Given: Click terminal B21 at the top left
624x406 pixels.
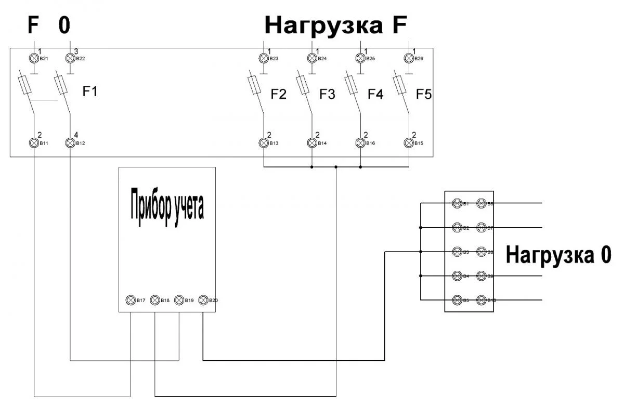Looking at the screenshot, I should [x=34, y=58].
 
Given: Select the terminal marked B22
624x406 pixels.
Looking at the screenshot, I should [x=70, y=58].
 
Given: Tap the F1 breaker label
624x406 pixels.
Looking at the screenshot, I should [x=90, y=92].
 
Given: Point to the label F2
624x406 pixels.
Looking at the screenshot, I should [x=279, y=95].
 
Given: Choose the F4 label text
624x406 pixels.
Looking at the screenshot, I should [x=375, y=95].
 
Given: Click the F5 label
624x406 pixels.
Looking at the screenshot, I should [x=424, y=95].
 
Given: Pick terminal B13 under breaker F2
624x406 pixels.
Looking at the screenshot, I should [x=264, y=142].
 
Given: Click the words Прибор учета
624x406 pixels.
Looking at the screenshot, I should [x=166, y=206].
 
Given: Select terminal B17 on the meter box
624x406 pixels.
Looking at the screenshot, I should [x=131, y=300].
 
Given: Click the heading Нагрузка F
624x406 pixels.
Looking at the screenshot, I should [x=335, y=24].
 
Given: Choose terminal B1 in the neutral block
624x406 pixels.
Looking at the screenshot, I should [x=457, y=203].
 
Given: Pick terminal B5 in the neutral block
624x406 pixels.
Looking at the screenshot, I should [x=457, y=300].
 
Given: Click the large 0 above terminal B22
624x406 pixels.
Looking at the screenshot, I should [x=64, y=25].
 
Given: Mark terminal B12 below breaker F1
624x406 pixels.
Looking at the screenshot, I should [x=70, y=142].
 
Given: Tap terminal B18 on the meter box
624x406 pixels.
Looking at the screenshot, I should [x=155, y=300].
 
